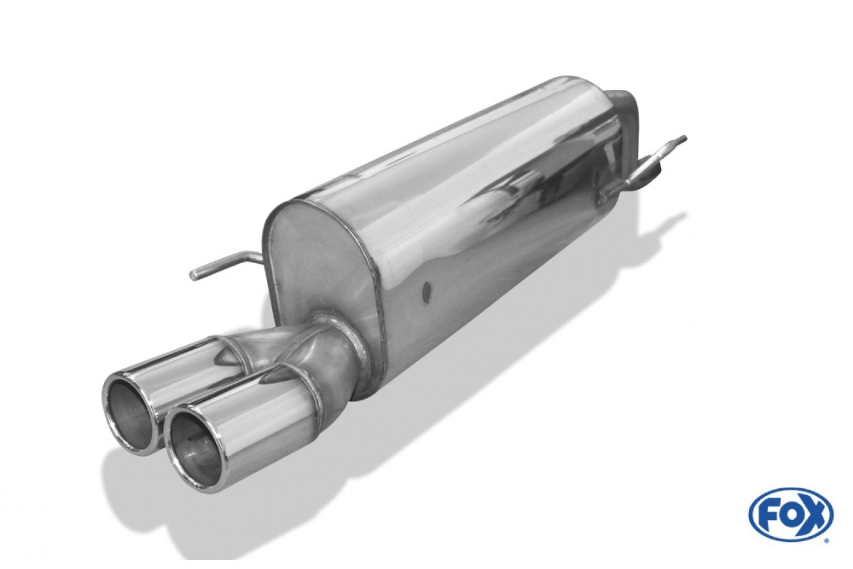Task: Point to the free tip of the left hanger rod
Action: coord(195,274)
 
